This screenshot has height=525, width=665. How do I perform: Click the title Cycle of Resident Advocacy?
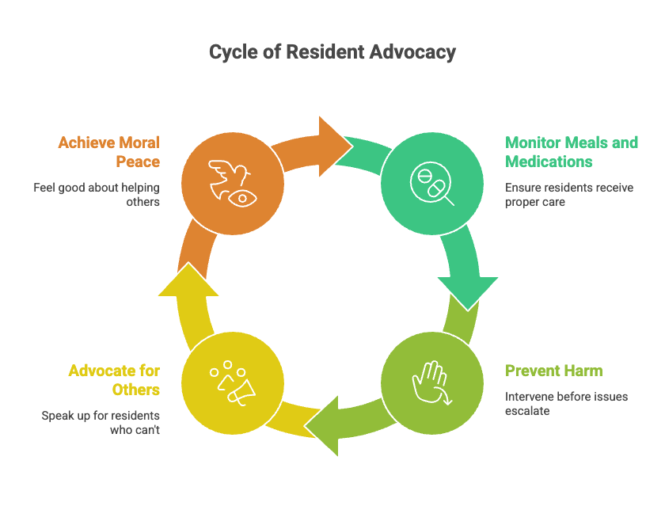(332, 52)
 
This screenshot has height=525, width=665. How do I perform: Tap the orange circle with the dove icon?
(232, 184)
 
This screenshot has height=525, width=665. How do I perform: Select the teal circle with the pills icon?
(431, 184)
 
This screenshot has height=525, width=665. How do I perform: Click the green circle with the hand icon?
(431, 383)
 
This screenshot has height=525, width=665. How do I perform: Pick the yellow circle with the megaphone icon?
(232, 383)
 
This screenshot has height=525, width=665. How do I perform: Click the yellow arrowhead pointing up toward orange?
(188, 281)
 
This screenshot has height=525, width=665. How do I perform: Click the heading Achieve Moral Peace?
(108, 152)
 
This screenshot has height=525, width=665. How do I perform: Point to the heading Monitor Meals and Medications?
(571, 152)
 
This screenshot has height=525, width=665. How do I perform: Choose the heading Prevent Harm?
(553, 371)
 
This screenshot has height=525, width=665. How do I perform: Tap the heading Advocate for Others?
(114, 380)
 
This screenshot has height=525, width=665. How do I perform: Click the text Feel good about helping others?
(97, 195)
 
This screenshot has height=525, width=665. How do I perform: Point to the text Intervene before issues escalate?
(566, 404)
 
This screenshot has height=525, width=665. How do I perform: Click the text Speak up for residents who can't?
(101, 423)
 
